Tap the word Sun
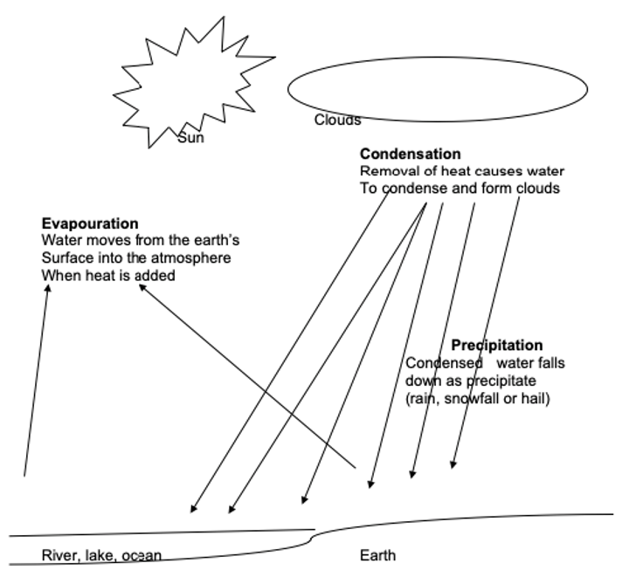pos(190,138)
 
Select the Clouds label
pos(337,120)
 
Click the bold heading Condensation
pos(410,155)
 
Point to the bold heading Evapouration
pos(90,224)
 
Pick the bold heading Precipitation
pos(496,346)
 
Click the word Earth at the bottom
pos(377,555)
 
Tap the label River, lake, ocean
pos(101,555)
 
